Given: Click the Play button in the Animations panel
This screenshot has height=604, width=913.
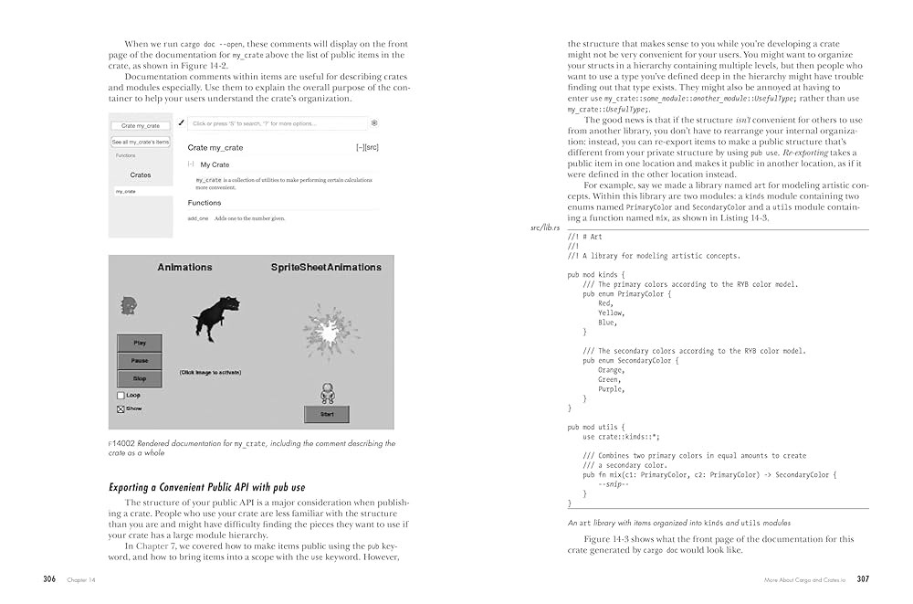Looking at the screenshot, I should pos(140,344).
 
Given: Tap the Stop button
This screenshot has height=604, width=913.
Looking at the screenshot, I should pos(140,378).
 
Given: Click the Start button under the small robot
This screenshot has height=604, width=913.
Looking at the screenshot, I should pos(326,415).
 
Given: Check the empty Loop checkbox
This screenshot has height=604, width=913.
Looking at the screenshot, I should pos(121,396).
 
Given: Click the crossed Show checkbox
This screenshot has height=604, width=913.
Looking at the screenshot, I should pos(121,409).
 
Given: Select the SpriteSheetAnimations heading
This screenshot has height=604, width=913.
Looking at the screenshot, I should pos(326,268).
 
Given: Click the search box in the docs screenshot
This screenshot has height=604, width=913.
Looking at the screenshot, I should pos(265,123).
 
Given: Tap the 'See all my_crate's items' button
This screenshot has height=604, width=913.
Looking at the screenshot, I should pos(141,142).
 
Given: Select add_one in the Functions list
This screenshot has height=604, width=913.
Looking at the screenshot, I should pos(198,219).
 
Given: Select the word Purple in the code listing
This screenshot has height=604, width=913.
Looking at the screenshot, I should pos(611,389).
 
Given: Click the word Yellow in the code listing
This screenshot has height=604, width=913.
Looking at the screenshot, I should pos(611,313).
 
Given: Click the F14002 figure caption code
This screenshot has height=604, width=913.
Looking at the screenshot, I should pos(121,444).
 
